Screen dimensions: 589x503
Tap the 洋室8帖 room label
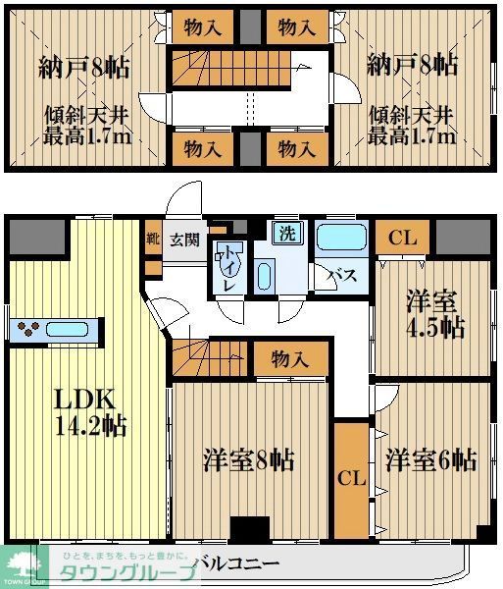tap(250, 458)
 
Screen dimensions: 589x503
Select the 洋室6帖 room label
tap(430, 458)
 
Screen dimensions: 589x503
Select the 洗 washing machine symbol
tap(286, 235)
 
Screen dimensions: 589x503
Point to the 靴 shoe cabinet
tap(152, 238)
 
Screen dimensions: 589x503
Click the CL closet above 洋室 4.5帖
tap(400, 237)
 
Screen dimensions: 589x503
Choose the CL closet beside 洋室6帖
tap(351, 479)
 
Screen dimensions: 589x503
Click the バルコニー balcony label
tap(236, 563)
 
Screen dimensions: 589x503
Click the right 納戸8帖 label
tap(412, 66)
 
